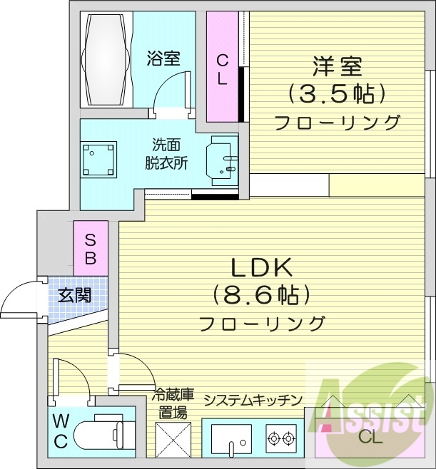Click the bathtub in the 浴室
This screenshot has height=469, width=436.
click(x=106, y=59)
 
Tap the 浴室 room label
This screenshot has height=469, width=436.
click(x=163, y=58)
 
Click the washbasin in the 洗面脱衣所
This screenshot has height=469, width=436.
click(x=223, y=161)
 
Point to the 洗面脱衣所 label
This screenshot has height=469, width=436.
click(x=166, y=154)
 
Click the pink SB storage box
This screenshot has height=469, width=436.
click(x=91, y=248)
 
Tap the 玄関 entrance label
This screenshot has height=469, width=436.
click(x=74, y=296)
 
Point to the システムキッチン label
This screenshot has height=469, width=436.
click(x=253, y=400)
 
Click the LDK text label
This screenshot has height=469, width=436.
click(x=262, y=268)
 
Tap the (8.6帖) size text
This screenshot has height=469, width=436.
click(x=260, y=295)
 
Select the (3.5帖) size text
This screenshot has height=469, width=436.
click(x=337, y=94)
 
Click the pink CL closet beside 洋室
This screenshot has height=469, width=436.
click(x=222, y=66)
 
